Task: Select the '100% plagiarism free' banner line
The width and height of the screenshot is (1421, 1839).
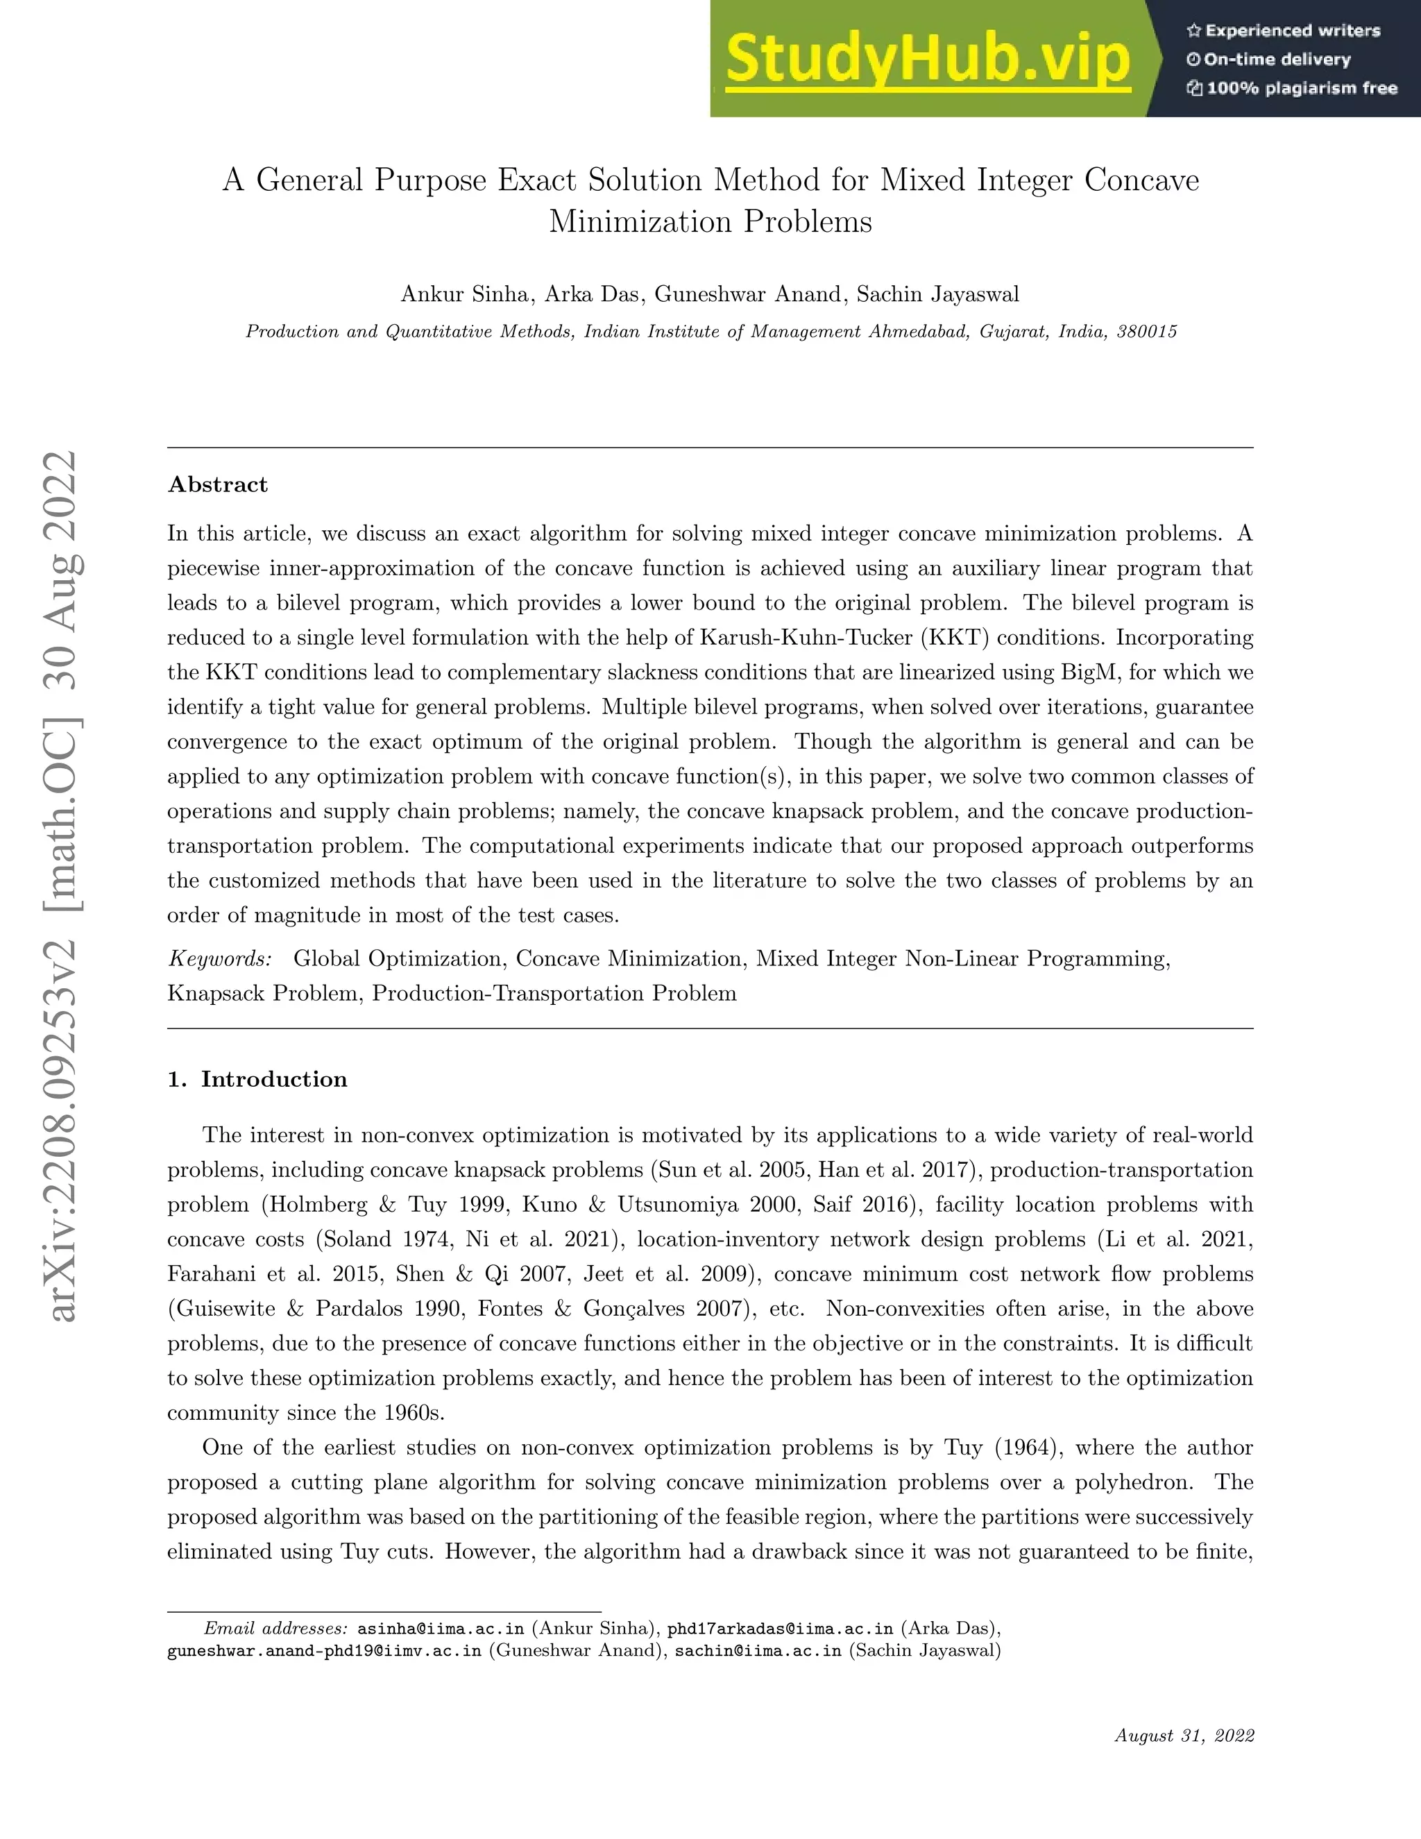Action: (1292, 88)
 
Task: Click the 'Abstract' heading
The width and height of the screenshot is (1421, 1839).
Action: (218, 484)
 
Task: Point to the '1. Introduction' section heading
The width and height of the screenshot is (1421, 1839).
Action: (257, 1080)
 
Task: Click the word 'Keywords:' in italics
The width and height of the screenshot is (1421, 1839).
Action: (220, 958)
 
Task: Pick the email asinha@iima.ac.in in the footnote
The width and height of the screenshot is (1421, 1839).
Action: (441, 1627)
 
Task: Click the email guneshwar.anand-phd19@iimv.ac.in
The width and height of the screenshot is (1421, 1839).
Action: (325, 1650)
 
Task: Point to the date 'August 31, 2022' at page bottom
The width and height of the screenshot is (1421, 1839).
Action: (1184, 1736)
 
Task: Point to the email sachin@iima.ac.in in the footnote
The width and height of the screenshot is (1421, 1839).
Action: (758, 1650)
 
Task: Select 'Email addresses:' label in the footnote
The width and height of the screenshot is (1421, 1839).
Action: (276, 1627)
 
